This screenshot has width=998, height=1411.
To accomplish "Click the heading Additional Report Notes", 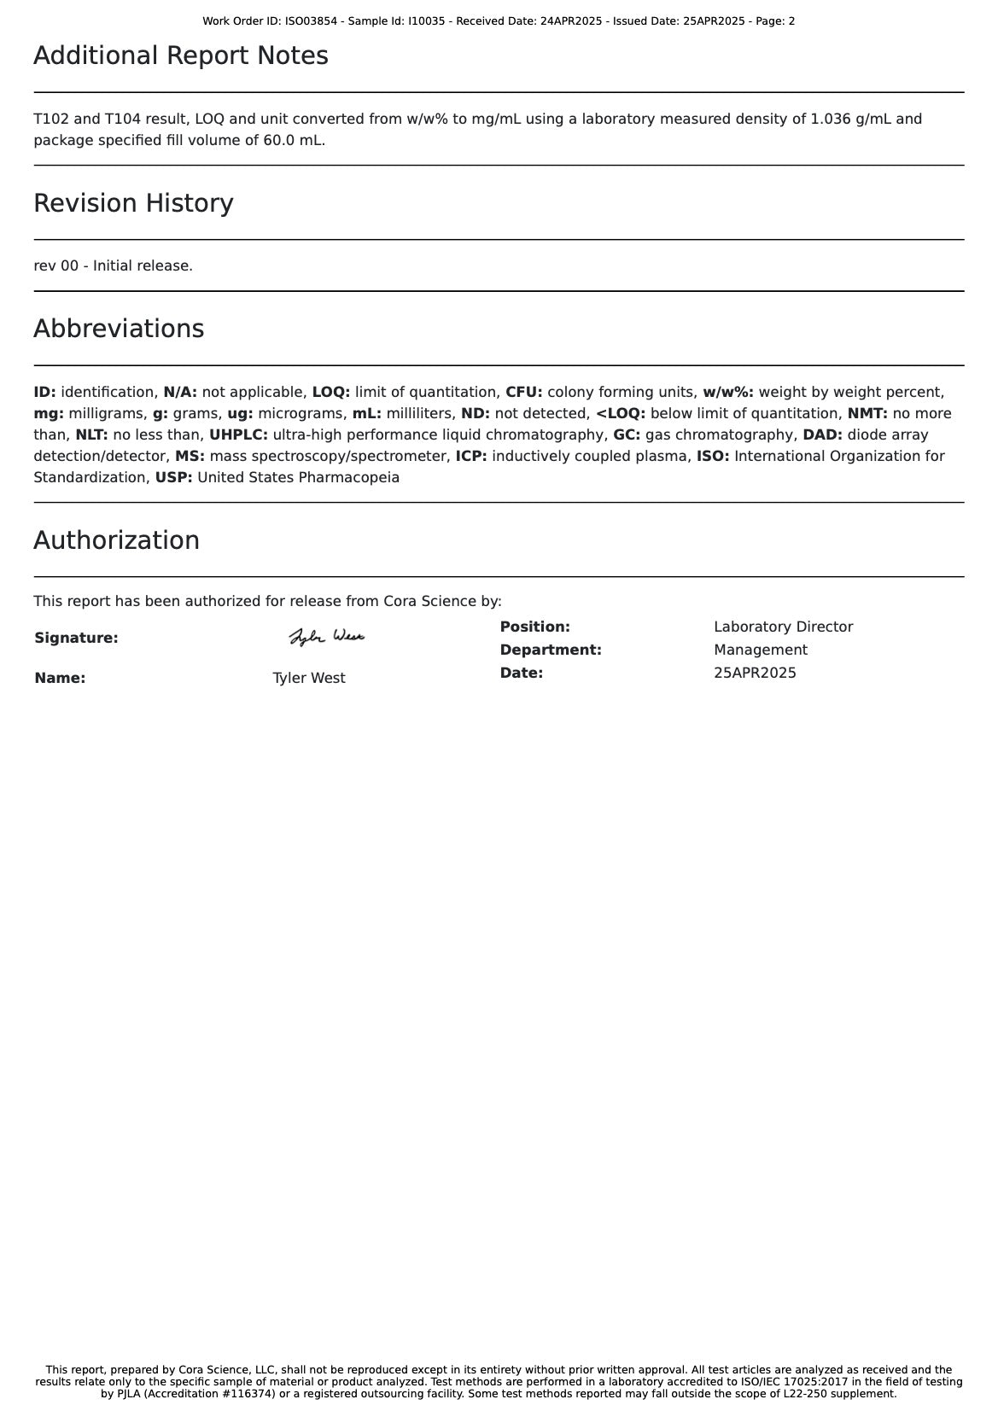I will pos(181,56).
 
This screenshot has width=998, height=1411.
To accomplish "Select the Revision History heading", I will pos(133,204).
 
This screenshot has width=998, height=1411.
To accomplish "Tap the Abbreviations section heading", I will pos(119,329).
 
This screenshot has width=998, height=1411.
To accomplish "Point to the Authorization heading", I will pos(116,541).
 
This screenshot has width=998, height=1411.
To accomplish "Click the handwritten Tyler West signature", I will pos(326,637).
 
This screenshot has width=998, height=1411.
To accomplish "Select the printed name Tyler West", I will pos(309,679).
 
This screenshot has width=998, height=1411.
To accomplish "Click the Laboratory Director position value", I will pos(783,627).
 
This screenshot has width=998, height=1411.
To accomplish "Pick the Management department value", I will pos(760,650).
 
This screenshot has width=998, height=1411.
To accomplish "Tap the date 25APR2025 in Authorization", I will pos(755,673).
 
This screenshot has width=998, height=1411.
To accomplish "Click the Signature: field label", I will pos(76,638).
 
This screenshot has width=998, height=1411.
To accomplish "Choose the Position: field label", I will pos(534,627).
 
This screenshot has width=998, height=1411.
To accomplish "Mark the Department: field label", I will pos(551,650).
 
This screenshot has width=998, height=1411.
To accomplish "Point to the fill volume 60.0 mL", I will pos(293,141).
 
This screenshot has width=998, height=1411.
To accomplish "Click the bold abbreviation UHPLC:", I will pos(238,435).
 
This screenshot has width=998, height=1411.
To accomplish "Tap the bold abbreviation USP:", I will pos(173,478).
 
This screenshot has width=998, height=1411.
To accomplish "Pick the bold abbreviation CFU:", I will pos(523,393).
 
